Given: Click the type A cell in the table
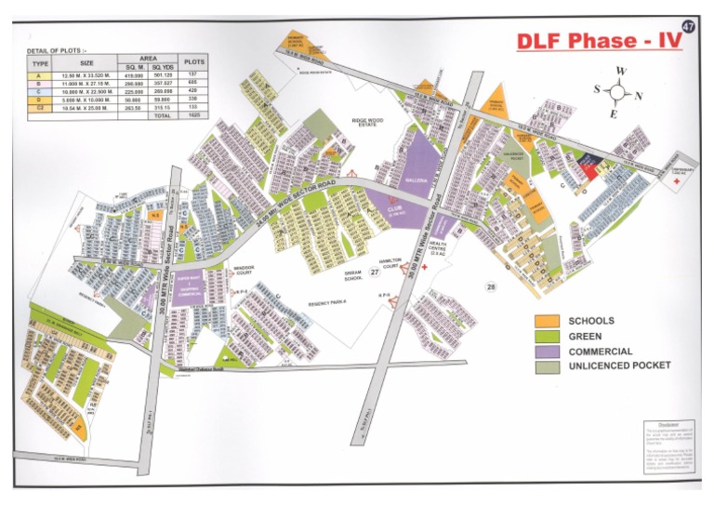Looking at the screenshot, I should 38,73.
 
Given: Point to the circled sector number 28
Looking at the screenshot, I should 490,287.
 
